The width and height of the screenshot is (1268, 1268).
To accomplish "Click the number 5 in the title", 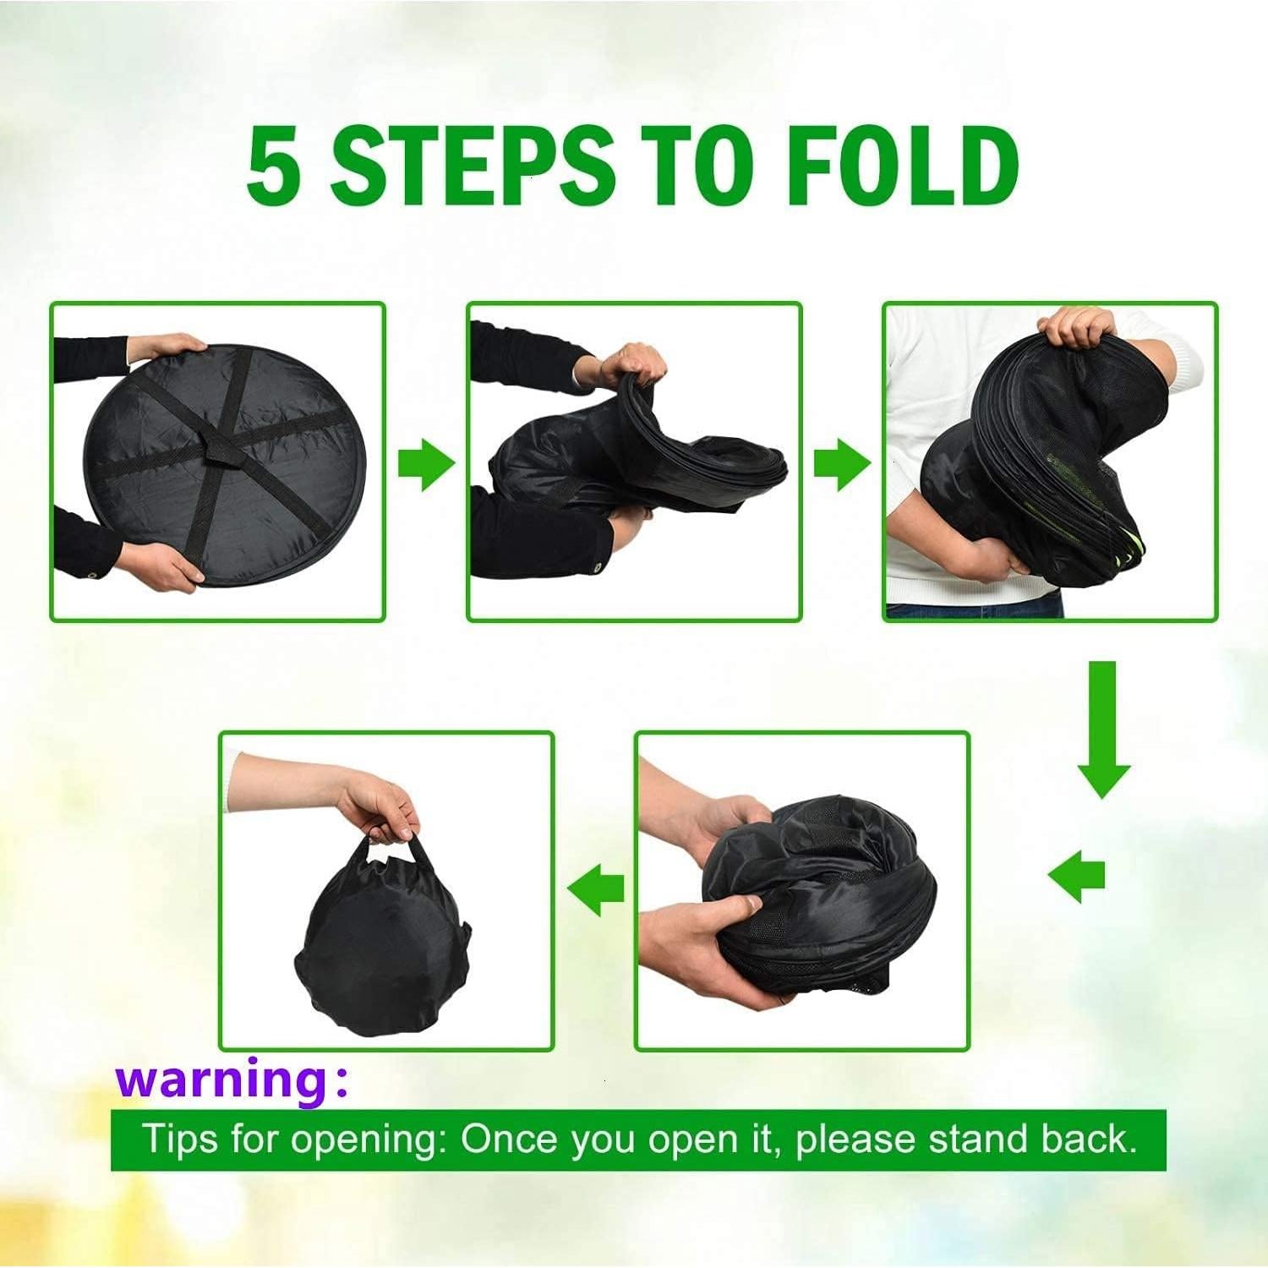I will pos(272,165).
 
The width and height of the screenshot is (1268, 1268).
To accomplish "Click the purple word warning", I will pos(221,1079).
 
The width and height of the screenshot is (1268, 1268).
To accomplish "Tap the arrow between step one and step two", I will pos(427,462).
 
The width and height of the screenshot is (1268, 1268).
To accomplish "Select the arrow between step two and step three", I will pos(842,462).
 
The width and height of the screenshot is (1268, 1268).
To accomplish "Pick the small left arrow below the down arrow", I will pos(1077,876).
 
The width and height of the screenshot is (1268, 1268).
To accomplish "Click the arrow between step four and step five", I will pos(596,888).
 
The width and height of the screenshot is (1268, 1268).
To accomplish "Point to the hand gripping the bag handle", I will pos(385,807).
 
